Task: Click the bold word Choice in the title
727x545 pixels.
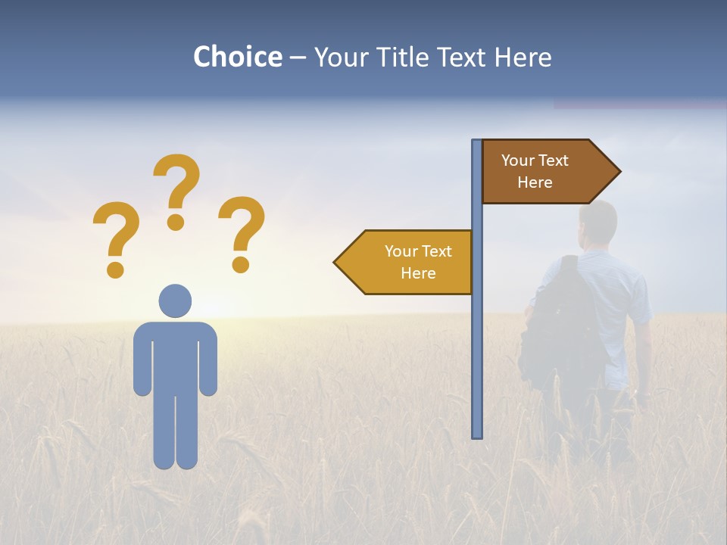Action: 237,57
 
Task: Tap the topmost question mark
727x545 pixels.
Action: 176,189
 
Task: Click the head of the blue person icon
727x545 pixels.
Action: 175,301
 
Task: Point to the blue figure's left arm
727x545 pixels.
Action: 142,360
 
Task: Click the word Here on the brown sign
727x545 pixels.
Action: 535,182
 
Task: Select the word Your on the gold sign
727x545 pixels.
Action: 401,251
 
